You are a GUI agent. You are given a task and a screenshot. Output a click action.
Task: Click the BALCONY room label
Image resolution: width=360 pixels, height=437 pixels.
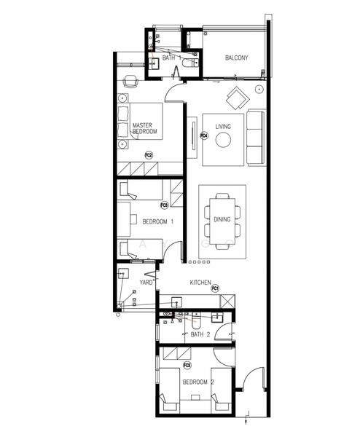coord(237,58)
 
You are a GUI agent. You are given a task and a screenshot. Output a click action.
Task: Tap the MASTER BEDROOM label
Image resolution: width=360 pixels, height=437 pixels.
coord(144,129)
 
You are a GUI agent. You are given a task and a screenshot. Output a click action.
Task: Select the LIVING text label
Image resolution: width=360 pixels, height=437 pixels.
coord(223,127)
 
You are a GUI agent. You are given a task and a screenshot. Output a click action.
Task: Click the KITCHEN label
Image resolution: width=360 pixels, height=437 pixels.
coord(200,282)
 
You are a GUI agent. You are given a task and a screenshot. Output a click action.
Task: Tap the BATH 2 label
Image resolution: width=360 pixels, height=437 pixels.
coord(200,334)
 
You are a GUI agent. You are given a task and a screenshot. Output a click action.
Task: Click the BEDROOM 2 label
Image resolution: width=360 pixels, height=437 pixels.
coord(198,382)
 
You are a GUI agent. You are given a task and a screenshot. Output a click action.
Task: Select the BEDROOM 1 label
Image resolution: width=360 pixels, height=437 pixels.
coord(157,221)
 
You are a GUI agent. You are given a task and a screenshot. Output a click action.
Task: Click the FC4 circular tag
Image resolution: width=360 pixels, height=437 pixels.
coord(205,135)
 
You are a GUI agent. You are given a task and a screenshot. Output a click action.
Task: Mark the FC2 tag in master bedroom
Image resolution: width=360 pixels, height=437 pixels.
coord(149,155)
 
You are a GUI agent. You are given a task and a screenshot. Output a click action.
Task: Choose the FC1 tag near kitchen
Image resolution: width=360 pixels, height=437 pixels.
coord(216,289)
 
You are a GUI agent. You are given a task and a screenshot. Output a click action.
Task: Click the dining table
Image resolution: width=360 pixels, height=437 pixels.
coord(222,219)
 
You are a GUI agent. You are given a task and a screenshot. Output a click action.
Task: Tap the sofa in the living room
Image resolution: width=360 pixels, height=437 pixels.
coord(256,136)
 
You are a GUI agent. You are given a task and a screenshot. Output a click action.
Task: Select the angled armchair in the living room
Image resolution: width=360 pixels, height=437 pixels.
coord(236,96)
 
